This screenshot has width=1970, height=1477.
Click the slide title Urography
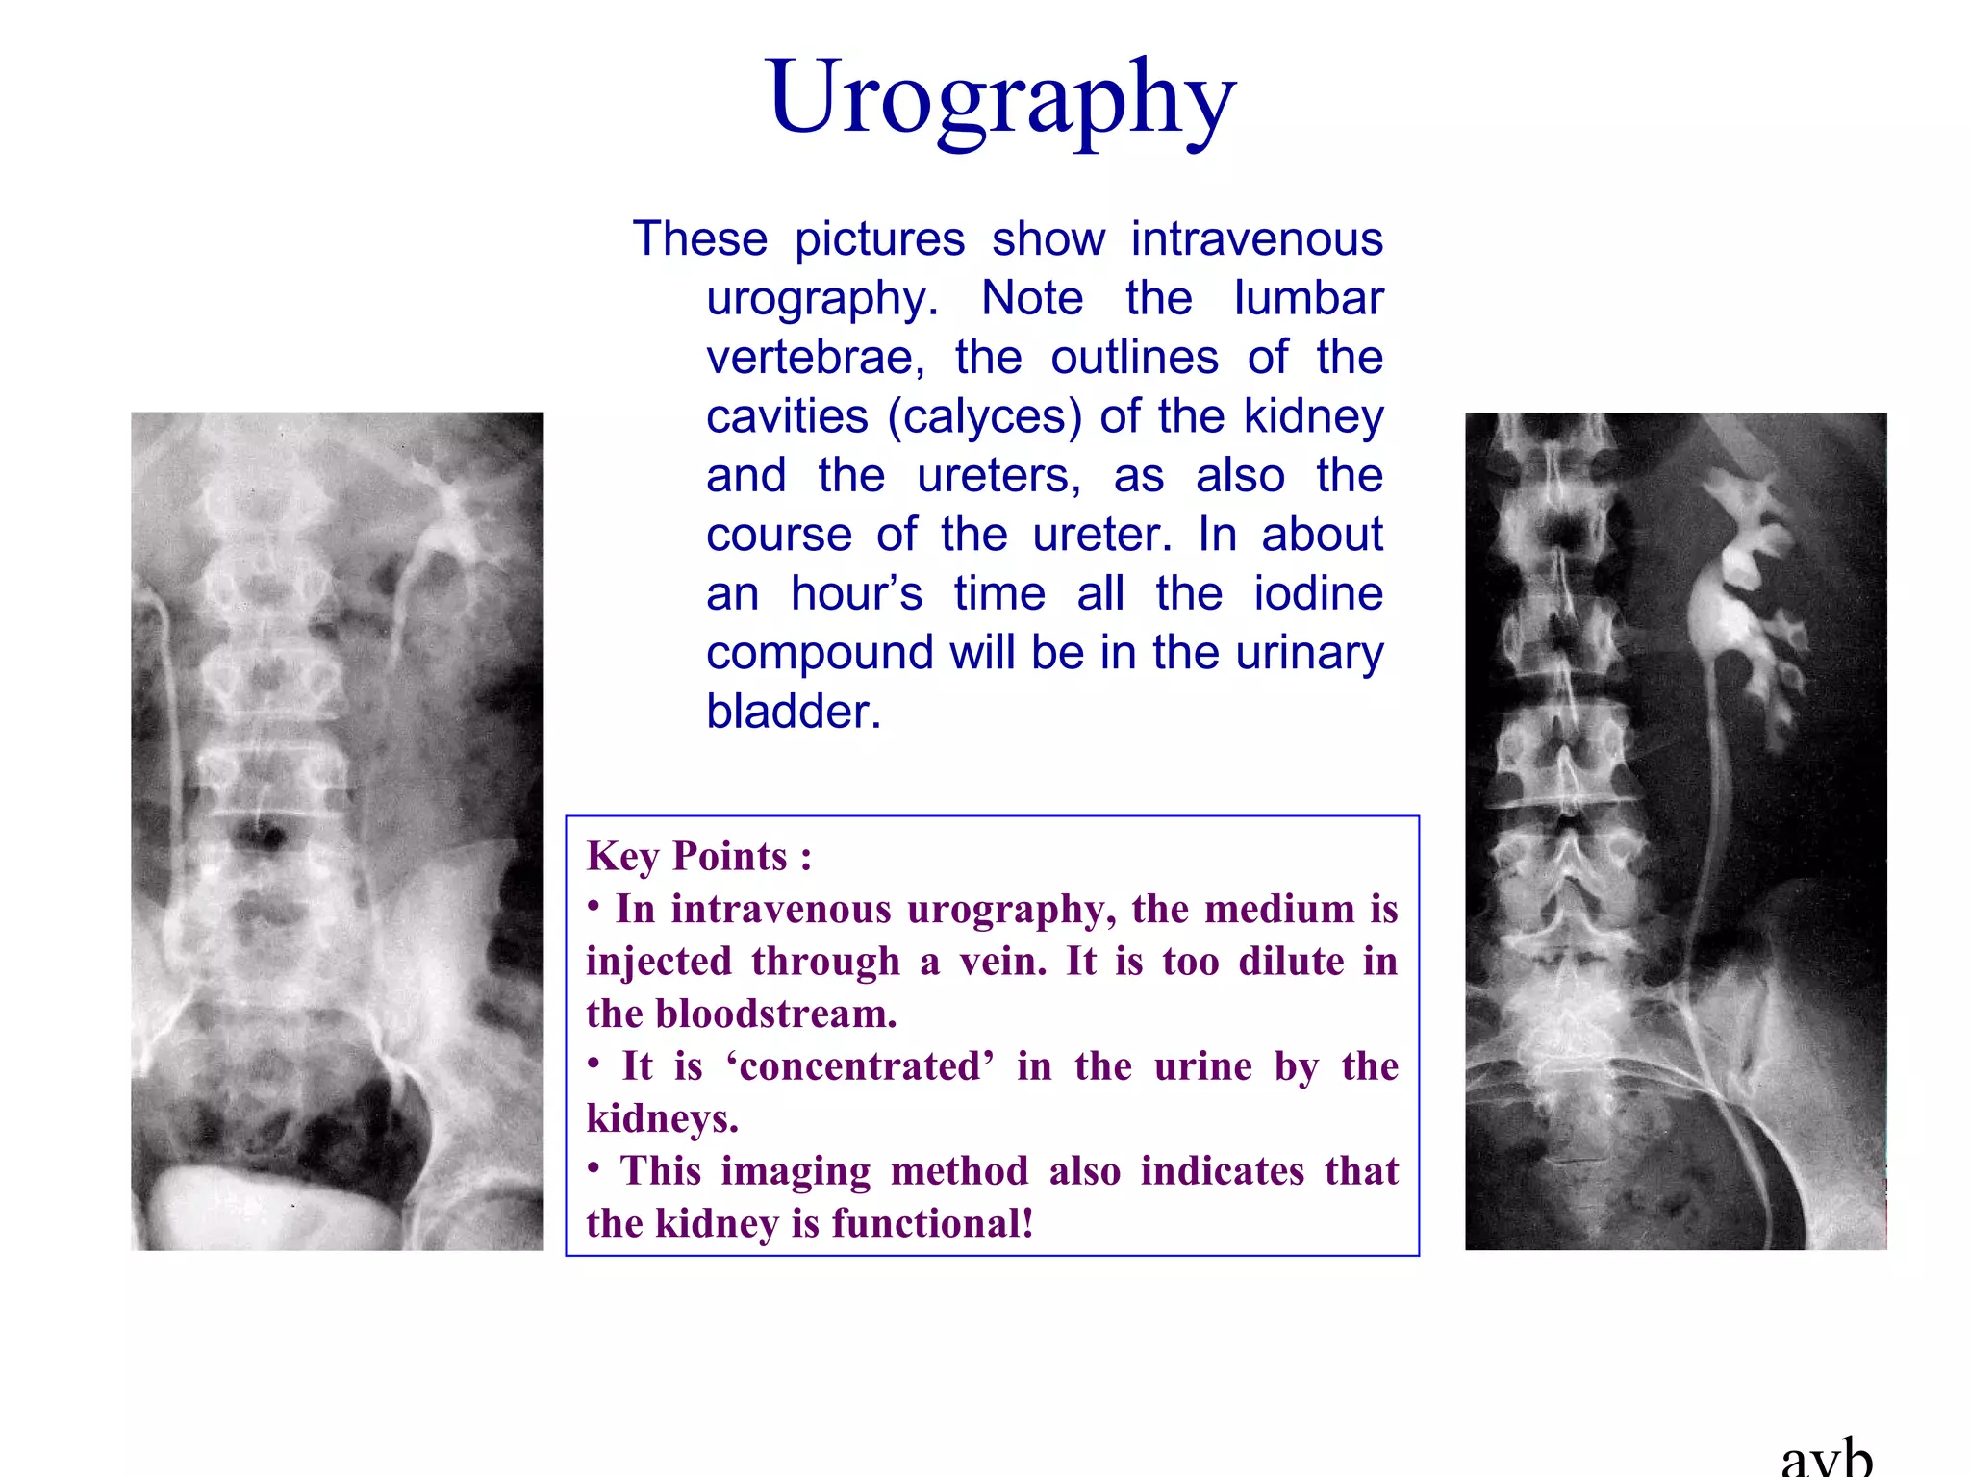(1000, 98)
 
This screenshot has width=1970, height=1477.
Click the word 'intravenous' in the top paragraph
(1256, 238)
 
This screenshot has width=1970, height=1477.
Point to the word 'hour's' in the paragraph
(856, 593)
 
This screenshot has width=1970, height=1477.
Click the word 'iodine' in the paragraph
(1318, 593)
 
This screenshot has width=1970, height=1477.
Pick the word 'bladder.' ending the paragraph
(794, 713)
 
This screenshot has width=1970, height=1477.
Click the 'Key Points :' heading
(699, 856)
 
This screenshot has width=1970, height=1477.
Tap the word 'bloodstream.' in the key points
(776, 1014)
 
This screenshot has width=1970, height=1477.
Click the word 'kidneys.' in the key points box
(663, 1118)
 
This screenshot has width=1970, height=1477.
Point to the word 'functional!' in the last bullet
(932, 1223)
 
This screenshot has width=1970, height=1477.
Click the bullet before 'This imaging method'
(594, 1168)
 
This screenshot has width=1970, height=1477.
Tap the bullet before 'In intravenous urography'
(594, 906)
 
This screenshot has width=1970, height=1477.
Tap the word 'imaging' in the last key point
(795, 1171)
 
